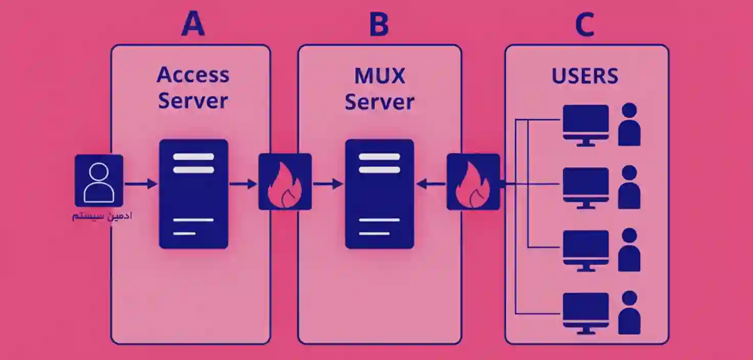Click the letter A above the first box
pos(193,24)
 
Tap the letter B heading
pos(379,24)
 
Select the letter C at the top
pos(585,24)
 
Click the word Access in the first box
pos(193,75)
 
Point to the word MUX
pos(380,76)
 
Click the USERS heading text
pos(585,76)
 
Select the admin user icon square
pos(99,181)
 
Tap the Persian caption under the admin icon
pos(102,216)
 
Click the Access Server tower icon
pos(193,194)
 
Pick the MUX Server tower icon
pos(380,194)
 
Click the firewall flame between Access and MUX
pos(285,182)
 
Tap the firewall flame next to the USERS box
pos(473,182)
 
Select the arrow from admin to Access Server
pos(141,183)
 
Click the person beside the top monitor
pos(629,125)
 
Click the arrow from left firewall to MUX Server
pos(327,183)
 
